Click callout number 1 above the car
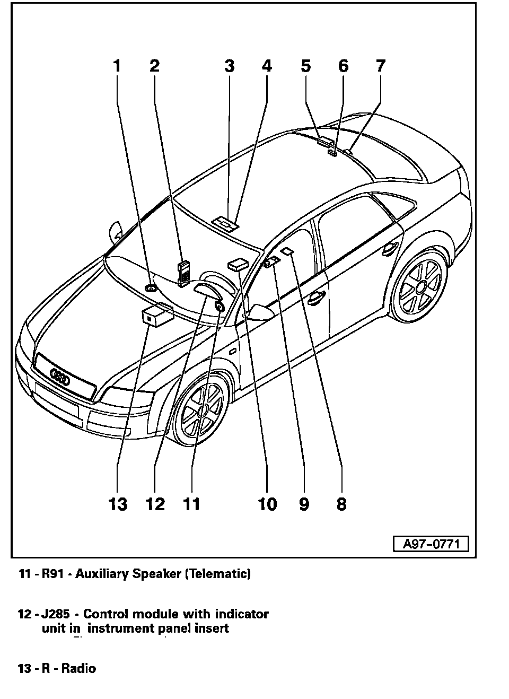tap(117, 66)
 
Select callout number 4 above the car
tap(266, 66)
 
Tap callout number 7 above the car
tap(380, 66)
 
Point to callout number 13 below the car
tap(118, 503)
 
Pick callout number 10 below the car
tap(267, 503)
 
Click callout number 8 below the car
tap(341, 503)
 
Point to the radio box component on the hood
tap(154, 316)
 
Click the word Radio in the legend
tap(79, 668)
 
